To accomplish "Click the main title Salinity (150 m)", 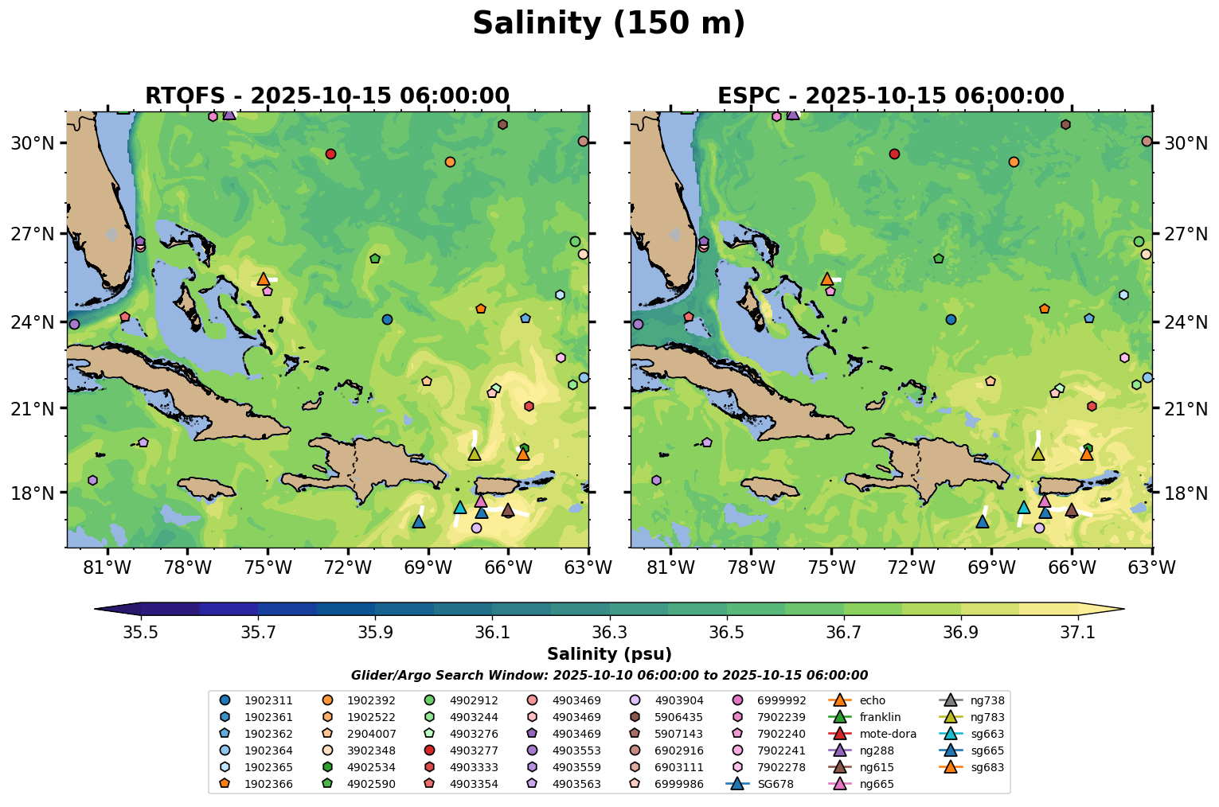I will pyautogui.click(x=608, y=23).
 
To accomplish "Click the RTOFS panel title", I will pyautogui.click(x=326, y=96).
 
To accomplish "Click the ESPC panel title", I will pyautogui.click(x=890, y=96).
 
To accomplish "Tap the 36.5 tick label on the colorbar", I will pyautogui.click(x=726, y=632).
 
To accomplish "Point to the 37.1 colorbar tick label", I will pyautogui.click(x=1078, y=632).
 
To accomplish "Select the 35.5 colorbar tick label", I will pyautogui.click(x=141, y=632).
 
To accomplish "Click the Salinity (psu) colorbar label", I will pyautogui.click(x=609, y=654).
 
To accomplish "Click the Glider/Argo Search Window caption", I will pyautogui.click(x=609, y=676).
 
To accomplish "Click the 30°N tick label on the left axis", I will pyautogui.click(x=31, y=143).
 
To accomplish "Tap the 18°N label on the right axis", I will pyautogui.click(x=1186, y=493).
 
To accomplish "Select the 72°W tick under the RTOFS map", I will pyautogui.click(x=348, y=567).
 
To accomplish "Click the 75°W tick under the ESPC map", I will pyautogui.click(x=831, y=567).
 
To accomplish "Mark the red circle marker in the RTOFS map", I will pyautogui.click(x=330, y=154).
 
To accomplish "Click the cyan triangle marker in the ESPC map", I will pyautogui.click(x=1023, y=508).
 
